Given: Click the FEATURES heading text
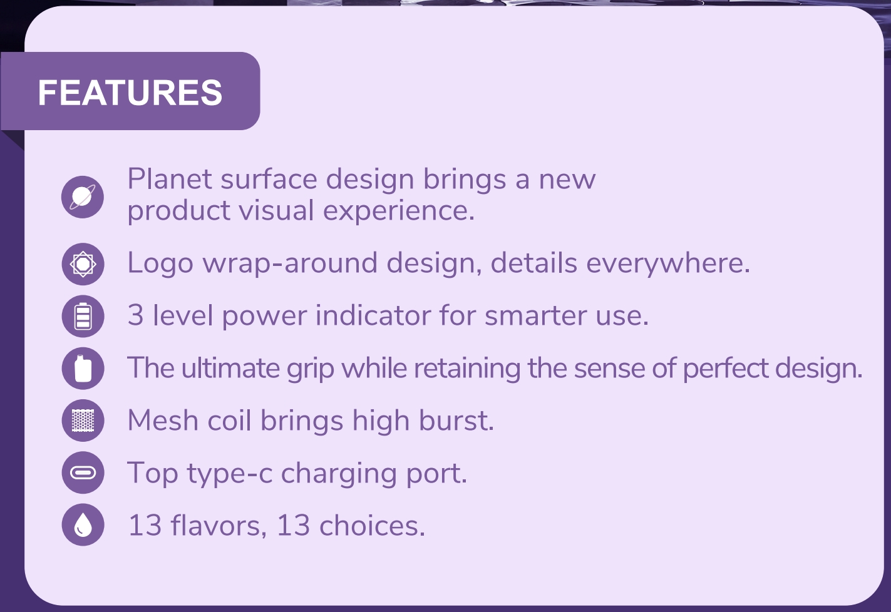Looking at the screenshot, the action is click(x=130, y=92).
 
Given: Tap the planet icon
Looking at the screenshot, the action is click(x=83, y=196).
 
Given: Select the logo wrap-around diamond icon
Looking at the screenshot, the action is click(x=83, y=264).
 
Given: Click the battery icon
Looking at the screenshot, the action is click(x=83, y=316).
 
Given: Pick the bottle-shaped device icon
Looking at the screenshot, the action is click(x=83, y=368).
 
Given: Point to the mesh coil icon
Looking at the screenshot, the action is click(x=83, y=420).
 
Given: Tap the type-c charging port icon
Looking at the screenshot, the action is click(x=83, y=472).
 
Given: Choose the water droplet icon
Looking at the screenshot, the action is click(x=83, y=524).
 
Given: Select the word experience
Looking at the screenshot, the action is click(x=399, y=211).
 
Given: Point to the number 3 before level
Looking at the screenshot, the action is click(x=136, y=315).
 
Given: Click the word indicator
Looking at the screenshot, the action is click(x=373, y=315).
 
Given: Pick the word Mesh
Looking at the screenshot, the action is click(x=163, y=420).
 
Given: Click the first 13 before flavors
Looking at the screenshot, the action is click(x=145, y=526).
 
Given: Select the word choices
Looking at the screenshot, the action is click(x=372, y=526).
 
